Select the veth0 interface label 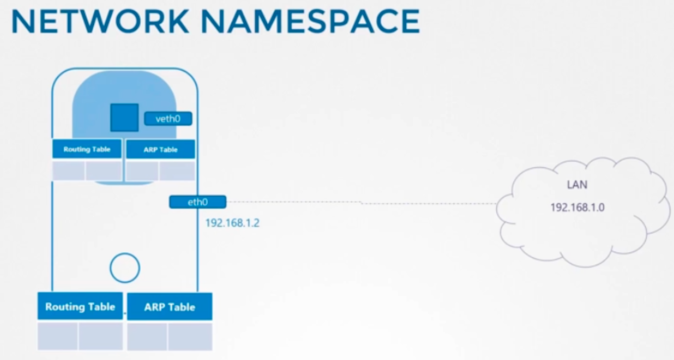click(168, 119)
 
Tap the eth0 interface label click(198, 203)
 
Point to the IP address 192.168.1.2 click(232, 223)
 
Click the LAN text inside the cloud click(577, 185)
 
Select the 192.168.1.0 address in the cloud click(577, 207)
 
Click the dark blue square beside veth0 click(124, 117)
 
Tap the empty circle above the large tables click(125, 267)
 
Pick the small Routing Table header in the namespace click(87, 149)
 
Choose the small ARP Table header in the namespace click(160, 150)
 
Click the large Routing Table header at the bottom click(80, 307)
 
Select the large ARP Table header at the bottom click(170, 307)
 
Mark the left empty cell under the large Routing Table click(58, 335)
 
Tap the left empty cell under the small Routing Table click(69, 170)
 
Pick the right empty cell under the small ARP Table click(177, 171)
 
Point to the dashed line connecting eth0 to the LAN click(361, 203)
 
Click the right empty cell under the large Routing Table click(100, 335)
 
